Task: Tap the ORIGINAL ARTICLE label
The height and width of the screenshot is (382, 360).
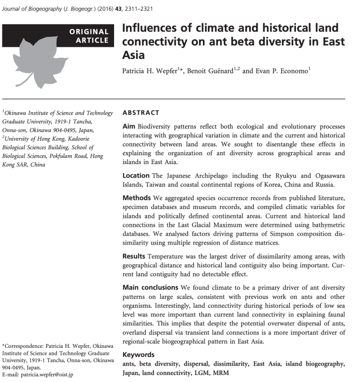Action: click(88, 36)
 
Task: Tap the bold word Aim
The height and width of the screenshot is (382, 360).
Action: click(129, 127)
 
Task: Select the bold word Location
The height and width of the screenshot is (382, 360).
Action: click(136, 175)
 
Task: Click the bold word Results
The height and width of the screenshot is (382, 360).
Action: click(134, 256)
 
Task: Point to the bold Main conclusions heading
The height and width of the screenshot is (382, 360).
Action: click(150, 287)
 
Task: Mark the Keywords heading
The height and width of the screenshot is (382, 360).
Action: click(138, 355)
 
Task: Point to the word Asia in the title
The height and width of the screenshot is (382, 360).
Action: click(133, 55)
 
